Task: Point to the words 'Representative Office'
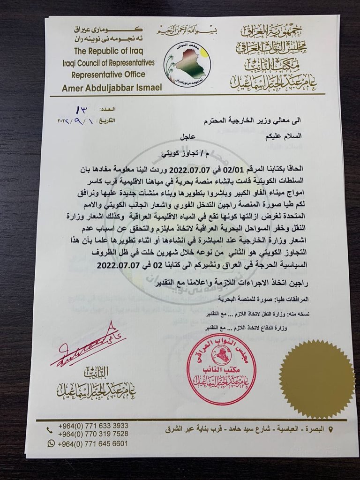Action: [x=108, y=74]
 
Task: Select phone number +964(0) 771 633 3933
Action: [x=93, y=426]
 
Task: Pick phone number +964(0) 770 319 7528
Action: [x=93, y=434]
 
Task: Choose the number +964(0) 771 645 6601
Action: [x=93, y=443]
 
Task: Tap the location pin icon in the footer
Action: [x=332, y=429]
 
